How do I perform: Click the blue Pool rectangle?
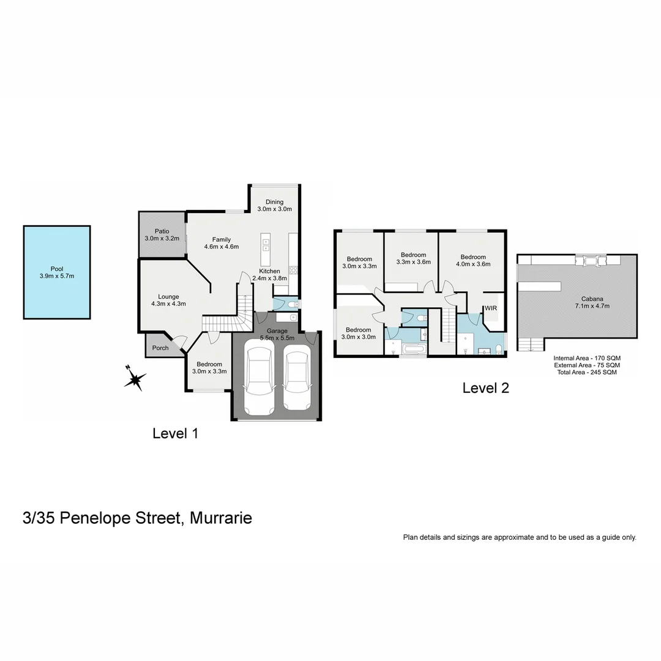click(57, 272)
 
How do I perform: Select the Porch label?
click(160, 348)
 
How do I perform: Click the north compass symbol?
click(134, 379)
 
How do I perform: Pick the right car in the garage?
click(297, 378)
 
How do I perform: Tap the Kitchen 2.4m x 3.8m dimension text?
click(269, 278)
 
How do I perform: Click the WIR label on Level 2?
click(490, 308)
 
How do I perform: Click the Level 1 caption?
click(175, 433)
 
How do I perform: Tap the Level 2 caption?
click(485, 387)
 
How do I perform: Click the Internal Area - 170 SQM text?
click(586, 358)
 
